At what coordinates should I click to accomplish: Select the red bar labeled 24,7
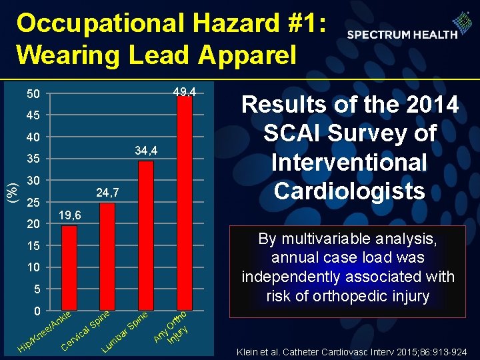107,257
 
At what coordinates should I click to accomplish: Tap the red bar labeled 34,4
145,236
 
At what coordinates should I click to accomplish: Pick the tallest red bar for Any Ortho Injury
185,203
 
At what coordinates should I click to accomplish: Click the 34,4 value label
145,151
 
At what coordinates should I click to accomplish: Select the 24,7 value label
107,193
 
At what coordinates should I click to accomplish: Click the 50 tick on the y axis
33,94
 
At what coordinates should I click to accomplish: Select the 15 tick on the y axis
33,246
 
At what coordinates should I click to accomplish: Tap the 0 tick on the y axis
37,311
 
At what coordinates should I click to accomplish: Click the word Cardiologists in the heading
349,191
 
